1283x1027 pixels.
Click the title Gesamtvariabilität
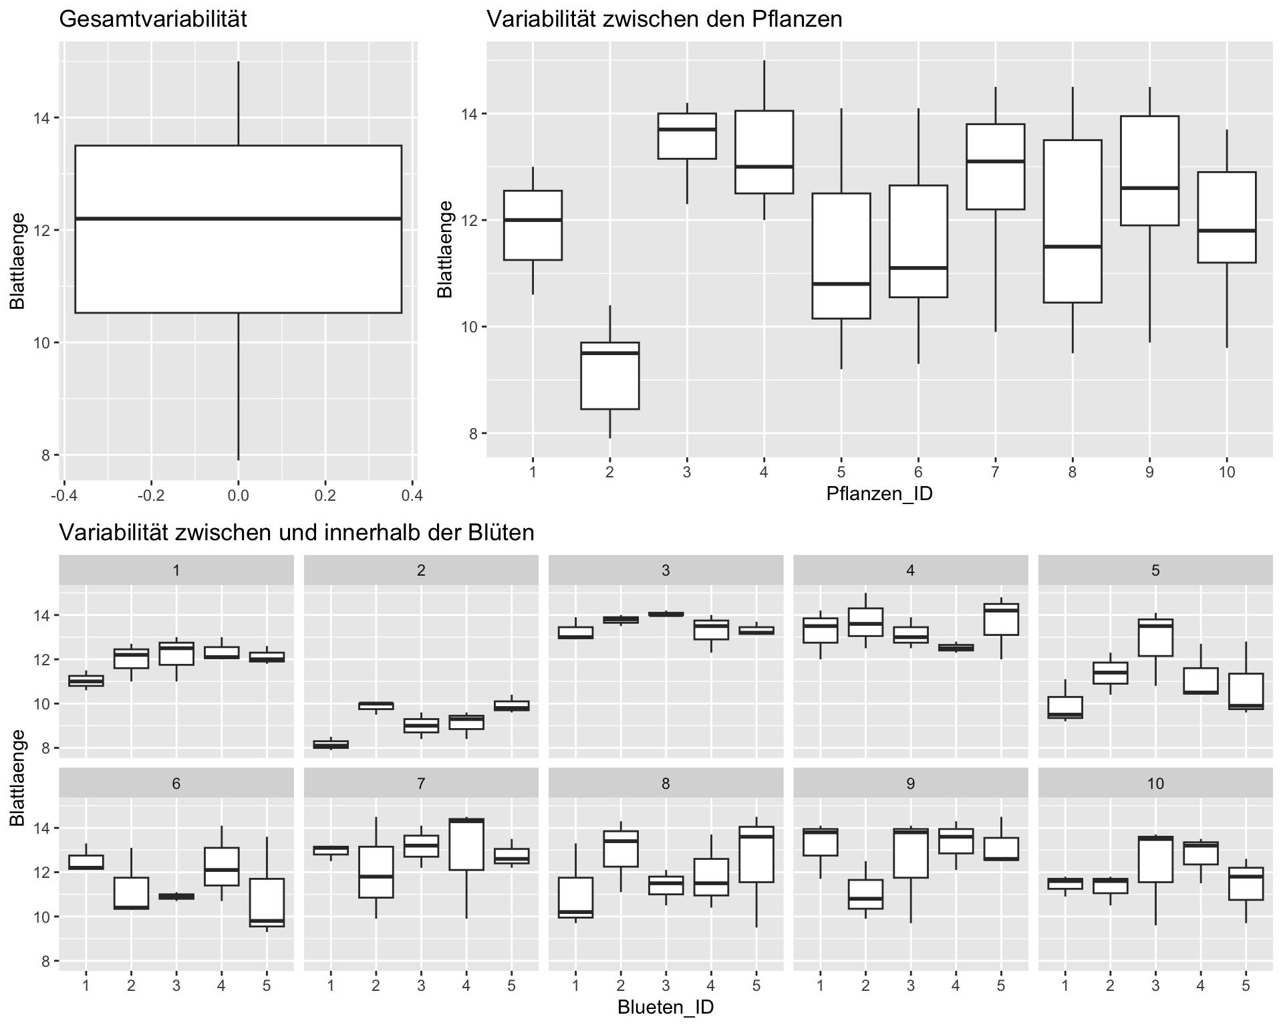pos(153,19)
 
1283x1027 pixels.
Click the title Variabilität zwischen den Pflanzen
pos(664,19)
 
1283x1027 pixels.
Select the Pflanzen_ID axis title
pos(879,494)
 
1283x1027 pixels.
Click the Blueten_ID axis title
pos(666,1007)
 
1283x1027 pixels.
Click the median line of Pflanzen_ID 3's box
pos(686,129)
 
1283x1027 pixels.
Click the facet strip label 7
pos(421,784)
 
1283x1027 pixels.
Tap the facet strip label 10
pos(1155,784)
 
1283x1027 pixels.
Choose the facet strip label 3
pos(666,570)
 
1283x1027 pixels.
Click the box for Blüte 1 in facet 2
pos(331,744)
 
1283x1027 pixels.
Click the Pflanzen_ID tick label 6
pos(918,473)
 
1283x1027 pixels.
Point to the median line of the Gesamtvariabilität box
pos(238,219)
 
